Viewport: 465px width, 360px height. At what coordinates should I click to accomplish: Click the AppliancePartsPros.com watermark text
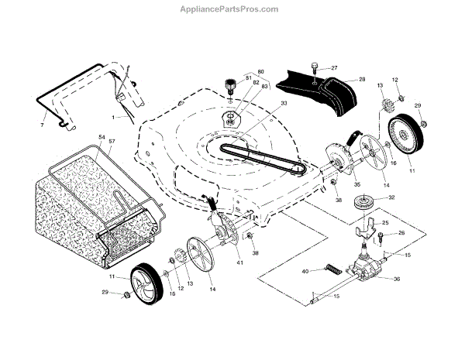click(x=233, y=9)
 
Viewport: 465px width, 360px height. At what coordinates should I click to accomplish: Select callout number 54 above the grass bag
click(x=102, y=137)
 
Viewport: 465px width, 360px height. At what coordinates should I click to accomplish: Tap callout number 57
click(x=112, y=142)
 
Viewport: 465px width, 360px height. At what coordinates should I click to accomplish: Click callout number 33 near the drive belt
click(x=263, y=104)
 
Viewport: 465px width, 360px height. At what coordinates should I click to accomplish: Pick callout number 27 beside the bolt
click(x=334, y=68)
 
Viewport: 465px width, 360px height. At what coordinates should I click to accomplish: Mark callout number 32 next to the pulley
click(x=391, y=197)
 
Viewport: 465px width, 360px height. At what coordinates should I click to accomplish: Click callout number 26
click(x=401, y=232)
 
